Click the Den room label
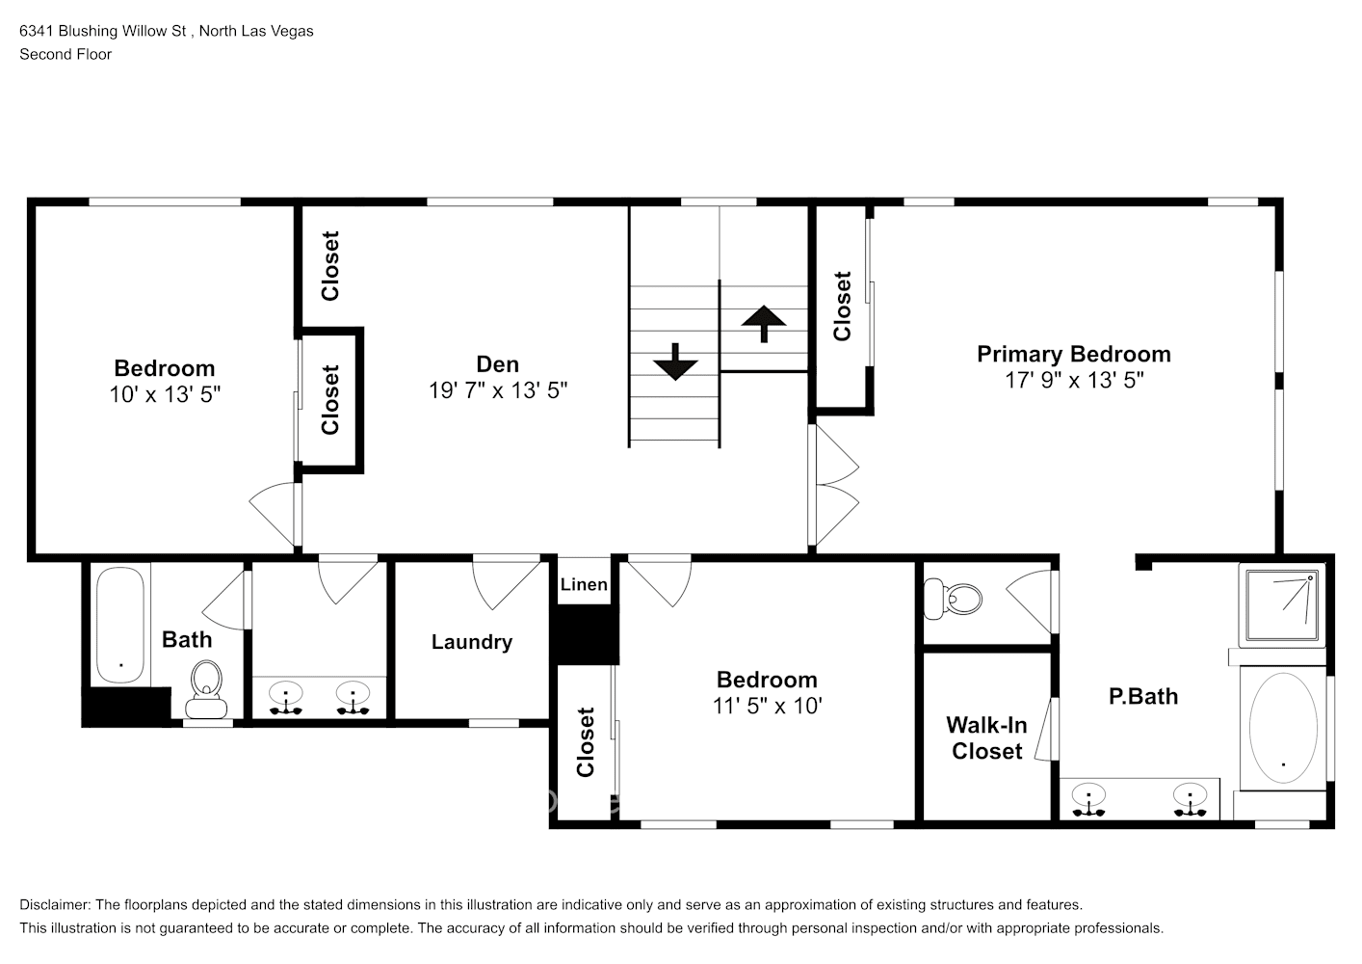pos(497,364)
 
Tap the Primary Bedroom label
pos(1073,354)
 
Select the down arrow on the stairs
pos(675,362)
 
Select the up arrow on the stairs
pos(764,323)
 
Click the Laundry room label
pos(471,642)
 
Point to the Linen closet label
pos(584,584)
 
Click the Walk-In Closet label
pos(986,738)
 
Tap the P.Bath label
pos(1142,696)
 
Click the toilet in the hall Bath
pos(206,688)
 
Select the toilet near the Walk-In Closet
pos(951,599)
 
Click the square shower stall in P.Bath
pos(1281,606)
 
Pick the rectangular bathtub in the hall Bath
pos(120,625)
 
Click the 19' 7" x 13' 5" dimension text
pos(497,390)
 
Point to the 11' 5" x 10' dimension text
pos(767,706)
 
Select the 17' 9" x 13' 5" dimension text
pos(1073,380)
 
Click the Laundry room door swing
pos(505,583)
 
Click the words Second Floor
pos(65,54)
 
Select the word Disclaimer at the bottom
pos(54,905)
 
